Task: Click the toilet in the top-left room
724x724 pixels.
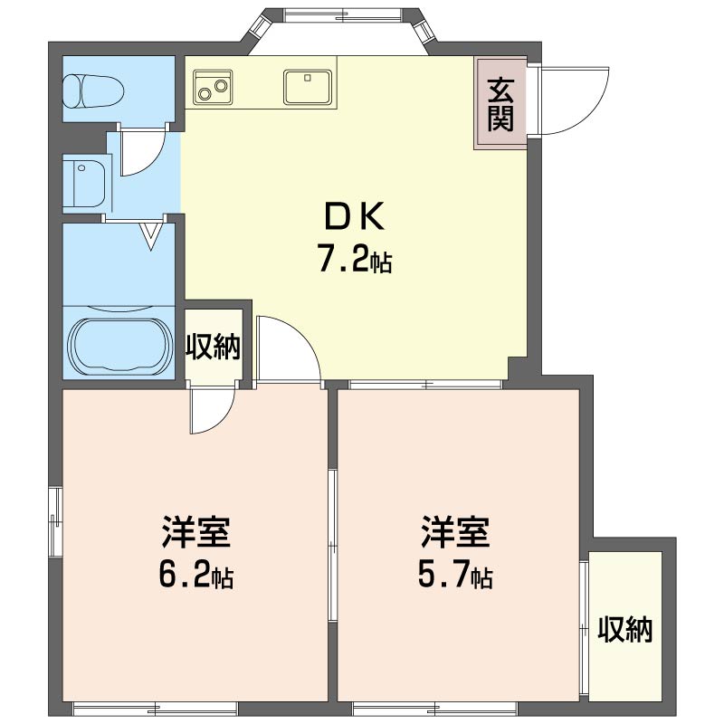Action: coord(93,91)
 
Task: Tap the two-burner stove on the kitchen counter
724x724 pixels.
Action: coord(213,86)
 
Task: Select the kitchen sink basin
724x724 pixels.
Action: coord(308,87)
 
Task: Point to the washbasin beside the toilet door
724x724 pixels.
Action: coord(85,185)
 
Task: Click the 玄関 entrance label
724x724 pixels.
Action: coord(500,105)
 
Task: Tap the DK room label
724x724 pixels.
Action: coord(354,217)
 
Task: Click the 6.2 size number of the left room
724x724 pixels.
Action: coord(185,574)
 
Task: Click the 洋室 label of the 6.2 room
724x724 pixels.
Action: coord(195,532)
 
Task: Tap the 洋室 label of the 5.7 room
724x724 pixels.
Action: coord(455,532)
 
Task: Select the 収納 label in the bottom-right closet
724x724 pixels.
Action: coord(625,629)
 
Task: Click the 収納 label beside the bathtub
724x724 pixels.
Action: coord(214,347)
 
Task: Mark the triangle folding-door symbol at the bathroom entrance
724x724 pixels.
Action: coord(152,235)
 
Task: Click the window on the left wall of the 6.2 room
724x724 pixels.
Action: coord(55,521)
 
